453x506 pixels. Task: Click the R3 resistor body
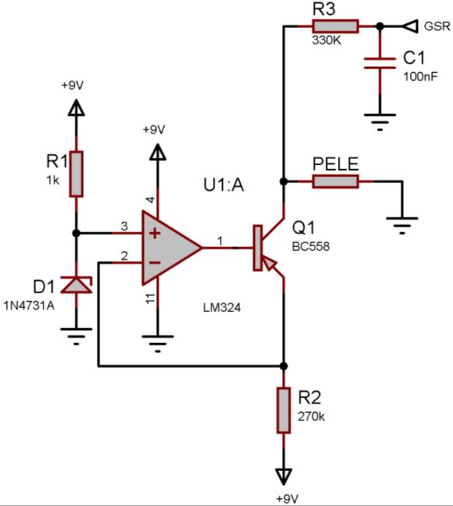(x=336, y=26)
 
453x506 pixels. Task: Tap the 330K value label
(x=326, y=40)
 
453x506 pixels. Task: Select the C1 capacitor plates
(x=380, y=64)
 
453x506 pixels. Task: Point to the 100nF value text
(x=420, y=77)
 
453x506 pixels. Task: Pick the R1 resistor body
(x=76, y=174)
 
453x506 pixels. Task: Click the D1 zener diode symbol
(x=77, y=285)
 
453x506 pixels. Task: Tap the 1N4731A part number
(x=29, y=305)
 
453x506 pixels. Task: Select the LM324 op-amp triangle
(x=172, y=248)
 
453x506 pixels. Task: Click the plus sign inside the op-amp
(x=155, y=233)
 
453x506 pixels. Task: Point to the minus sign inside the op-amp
(x=155, y=262)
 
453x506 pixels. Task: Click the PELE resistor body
(x=336, y=182)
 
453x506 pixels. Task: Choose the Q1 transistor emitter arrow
(x=269, y=262)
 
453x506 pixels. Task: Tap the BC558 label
(x=311, y=247)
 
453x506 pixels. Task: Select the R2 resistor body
(x=284, y=411)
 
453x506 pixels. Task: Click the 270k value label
(x=311, y=416)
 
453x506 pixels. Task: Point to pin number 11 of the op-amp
(x=151, y=298)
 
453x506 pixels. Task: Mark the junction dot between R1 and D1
(x=76, y=233)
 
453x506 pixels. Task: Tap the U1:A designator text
(x=224, y=185)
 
